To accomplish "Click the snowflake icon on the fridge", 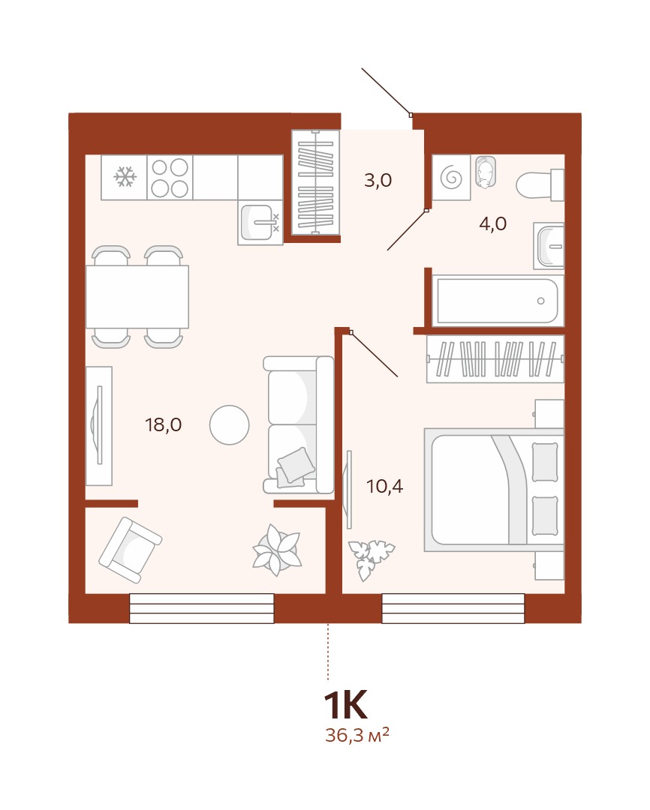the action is coord(125,177).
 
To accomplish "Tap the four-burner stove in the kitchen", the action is coord(170,177).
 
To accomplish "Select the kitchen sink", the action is coord(260,222).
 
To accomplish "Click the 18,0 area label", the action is coord(164,424).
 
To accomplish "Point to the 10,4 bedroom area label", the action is coord(385,486).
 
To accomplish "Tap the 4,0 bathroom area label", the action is coord(493,223).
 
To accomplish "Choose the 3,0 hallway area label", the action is coord(378,180).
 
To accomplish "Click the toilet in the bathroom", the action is coord(540,184).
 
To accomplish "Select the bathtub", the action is coord(498,301).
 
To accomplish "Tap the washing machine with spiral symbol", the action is coord(451,177).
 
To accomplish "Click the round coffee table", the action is coord(230,425).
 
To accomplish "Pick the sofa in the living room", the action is coord(299,424).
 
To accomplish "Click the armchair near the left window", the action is coord(131,550).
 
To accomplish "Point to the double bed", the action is coord(494,490).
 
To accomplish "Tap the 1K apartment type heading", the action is coord(345,704).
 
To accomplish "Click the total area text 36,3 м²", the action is coord(357,734).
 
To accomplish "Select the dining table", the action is coord(137,296).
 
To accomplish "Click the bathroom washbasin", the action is coord(549,247).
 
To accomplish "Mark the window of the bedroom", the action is coord(453,608).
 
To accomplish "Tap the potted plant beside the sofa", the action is coord(277,550).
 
